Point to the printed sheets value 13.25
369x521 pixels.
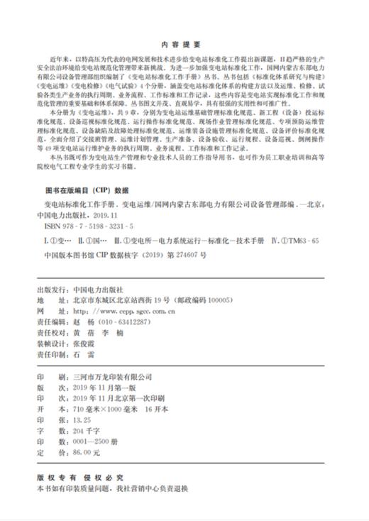click(83, 400)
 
